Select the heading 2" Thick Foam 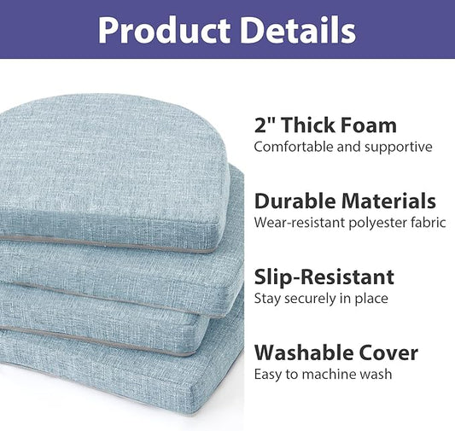(x=325, y=125)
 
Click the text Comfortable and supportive (x=343, y=147)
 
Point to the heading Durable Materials (x=345, y=201)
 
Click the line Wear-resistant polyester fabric (x=350, y=223)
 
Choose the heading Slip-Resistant (x=324, y=277)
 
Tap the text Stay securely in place (x=321, y=298)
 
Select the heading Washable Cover (x=336, y=352)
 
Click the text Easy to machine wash (x=323, y=374)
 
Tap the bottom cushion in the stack (x=128, y=376)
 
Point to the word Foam (x=368, y=125)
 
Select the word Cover (x=390, y=352)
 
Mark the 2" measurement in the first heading (x=264, y=125)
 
